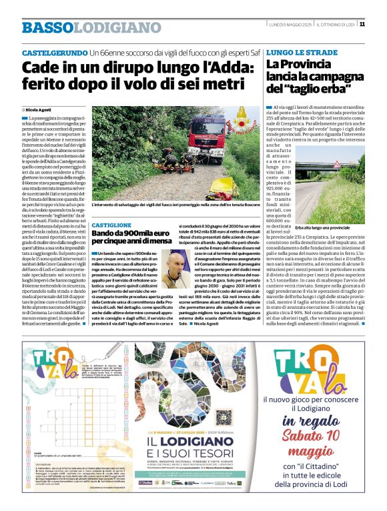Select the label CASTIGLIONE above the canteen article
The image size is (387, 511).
(111, 226)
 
